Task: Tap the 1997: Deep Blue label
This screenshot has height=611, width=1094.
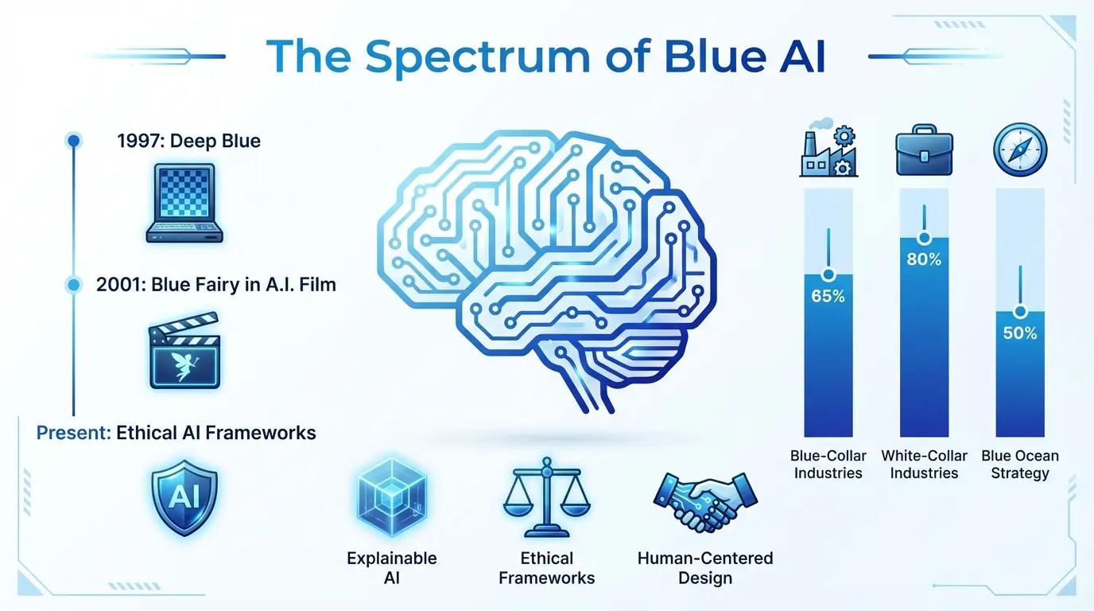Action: [x=188, y=142]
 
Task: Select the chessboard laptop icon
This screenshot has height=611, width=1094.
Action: [x=184, y=203]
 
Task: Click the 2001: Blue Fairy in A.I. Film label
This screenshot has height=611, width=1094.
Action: [x=215, y=284]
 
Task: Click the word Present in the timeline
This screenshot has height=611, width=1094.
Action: [x=73, y=433]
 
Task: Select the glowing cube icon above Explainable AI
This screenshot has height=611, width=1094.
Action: [x=391, y=497]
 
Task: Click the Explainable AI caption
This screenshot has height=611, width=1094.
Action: [x=391, y=568]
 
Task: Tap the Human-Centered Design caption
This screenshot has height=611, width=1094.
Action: [x=705, y=568]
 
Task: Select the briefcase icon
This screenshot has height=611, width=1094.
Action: [x=924, y=150]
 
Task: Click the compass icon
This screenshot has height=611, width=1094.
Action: [x=1020, y=149]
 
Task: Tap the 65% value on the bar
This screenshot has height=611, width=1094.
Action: [x=828, y=298]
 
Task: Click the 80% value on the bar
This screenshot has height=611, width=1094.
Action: [x=924, y=259]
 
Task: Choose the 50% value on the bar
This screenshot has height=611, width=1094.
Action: [x=1020, y=333]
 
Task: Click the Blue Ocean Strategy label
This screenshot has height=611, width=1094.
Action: [x=1020, y=465]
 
